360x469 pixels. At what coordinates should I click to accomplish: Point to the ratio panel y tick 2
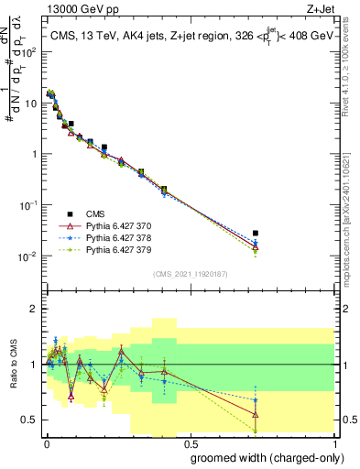click(33, 309)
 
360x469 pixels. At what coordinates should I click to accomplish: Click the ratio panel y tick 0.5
click(29, 420)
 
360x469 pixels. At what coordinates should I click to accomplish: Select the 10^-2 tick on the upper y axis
click(27, 256)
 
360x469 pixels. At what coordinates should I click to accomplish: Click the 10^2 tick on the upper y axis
click(27, 51)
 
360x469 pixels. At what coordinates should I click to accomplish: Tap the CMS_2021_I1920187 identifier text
click(190, 274)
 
